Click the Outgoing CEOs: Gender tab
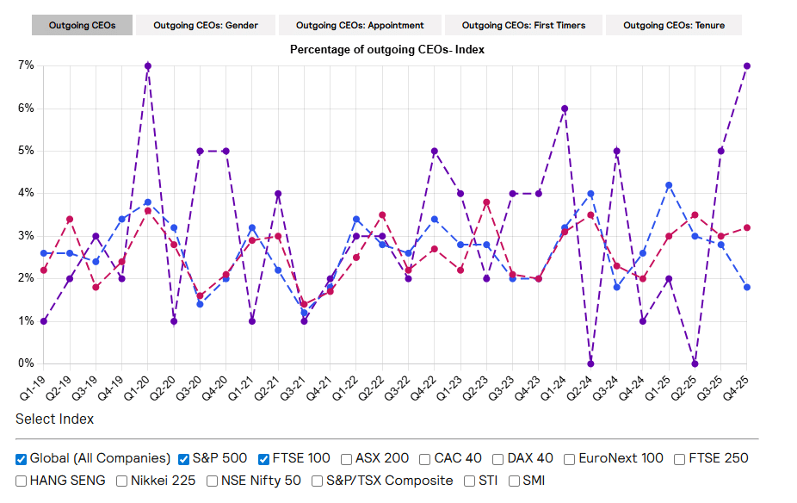click(x=205, y=25)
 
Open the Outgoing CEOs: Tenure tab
click(x=674, y=25)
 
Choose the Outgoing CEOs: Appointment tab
click(x=360, y=25)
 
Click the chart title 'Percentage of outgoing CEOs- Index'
click(x=387, y=50)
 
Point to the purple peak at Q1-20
click(x=148, y=65)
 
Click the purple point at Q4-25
click(x=746, y=65)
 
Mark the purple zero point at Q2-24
click(x=590, y=363)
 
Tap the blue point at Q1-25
click(x=669, y=185)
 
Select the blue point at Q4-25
click(x=746, y=287)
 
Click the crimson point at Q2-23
click(x=486, y=202)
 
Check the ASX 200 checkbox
click(x=346, y=459)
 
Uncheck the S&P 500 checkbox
click(x=184, y=459)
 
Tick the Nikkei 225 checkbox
click(x=122, y=481)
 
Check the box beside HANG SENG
click(x=22, y=481)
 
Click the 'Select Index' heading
click(x=54, y=419)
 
